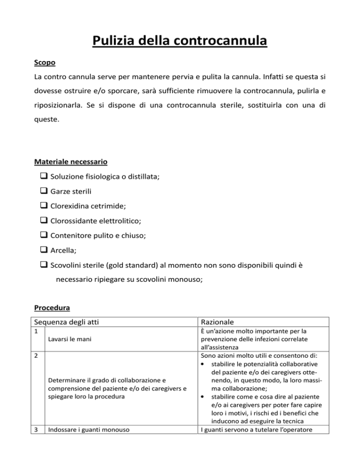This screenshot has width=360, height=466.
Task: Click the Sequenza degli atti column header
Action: [x=68, y=323]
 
